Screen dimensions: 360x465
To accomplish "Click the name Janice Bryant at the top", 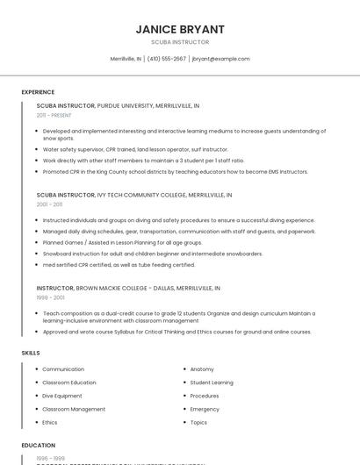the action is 180,29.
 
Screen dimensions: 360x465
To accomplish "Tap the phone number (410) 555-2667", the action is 167,59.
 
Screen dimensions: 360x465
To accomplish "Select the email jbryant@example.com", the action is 220,59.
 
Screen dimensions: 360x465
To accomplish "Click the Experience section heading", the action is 38,92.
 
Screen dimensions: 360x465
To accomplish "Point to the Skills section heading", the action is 30,353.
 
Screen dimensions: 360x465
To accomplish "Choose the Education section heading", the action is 39,445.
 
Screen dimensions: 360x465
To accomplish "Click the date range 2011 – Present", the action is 54,115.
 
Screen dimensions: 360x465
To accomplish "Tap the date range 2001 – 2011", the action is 49,204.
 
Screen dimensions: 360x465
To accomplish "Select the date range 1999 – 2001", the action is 49,297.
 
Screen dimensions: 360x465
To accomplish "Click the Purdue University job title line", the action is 118,105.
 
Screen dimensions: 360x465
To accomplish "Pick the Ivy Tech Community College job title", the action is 133,194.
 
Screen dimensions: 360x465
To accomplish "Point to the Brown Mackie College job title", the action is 127,287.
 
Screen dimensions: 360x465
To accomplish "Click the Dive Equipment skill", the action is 62,396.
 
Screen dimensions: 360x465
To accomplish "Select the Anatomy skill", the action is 202,369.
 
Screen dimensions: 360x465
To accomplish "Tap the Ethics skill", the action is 50,422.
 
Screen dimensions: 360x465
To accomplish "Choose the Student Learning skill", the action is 212,383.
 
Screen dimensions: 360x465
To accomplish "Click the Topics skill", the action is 198,422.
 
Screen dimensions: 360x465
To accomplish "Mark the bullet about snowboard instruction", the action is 152,254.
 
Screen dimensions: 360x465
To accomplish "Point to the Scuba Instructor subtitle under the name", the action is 180,42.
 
